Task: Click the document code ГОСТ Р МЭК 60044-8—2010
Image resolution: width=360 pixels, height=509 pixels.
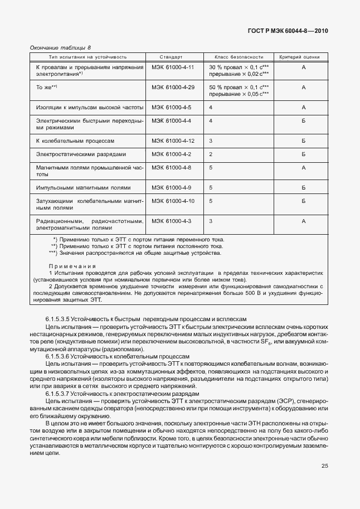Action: tap(288, 31)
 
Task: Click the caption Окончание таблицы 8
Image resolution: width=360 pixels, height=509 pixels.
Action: tap(61, 48)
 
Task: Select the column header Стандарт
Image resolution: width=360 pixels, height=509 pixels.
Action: tap(171, 57)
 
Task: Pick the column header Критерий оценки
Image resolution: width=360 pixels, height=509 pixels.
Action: tap(304, 57)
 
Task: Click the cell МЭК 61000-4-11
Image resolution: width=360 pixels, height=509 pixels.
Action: tap(172, 67)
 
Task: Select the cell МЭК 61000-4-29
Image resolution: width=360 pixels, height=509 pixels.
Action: tap(172, 88)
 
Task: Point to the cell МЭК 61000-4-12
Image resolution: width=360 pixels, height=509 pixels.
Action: tap(172, 141)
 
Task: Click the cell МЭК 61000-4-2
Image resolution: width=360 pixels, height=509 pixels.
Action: tap(171, 154)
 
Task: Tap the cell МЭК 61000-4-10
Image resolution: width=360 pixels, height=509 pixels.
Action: tap(172, 200)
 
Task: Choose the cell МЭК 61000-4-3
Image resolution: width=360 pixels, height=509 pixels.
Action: tap(171, 221)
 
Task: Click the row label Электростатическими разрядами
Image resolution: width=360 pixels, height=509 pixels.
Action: tap(81, 154)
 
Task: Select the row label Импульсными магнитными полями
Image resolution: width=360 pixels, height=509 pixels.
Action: tap(83, 187)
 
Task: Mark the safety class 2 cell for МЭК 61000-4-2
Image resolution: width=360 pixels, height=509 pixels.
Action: tap(211, 154)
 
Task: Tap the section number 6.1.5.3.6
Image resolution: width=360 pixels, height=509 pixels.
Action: tap(60, 356)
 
